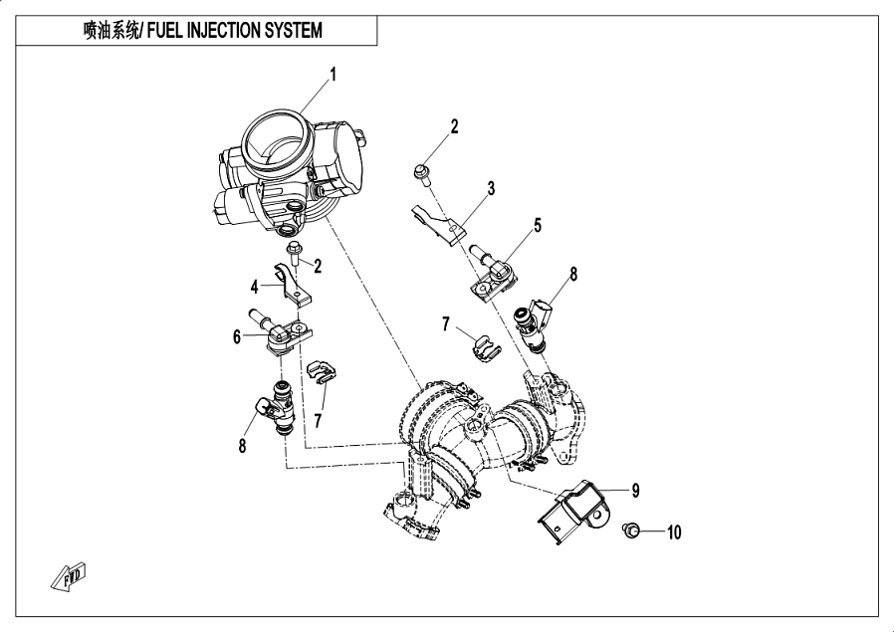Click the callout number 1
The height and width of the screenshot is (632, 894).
[x=334, y=73]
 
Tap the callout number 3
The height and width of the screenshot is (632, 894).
[x=491, y=187]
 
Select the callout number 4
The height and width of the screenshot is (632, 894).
[x=255, y=286]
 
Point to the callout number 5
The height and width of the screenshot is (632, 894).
[x=538, y=225]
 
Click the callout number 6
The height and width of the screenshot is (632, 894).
[x=237, y=336]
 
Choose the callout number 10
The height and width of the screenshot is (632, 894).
[x=674, y=532]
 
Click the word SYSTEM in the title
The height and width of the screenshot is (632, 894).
[x=288, y=31]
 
